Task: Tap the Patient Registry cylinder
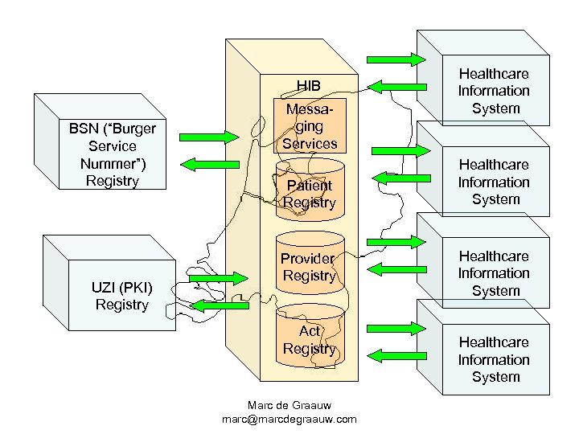click(310, 194)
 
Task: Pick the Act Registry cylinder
click(310, 340)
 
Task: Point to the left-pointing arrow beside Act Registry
click(396, 354)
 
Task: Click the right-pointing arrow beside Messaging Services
click(400, 149)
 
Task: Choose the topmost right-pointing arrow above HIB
click(396, 59)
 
